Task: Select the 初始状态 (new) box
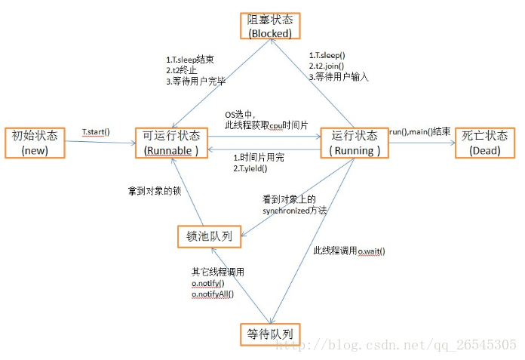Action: pyautogui.click(x=35, y=143)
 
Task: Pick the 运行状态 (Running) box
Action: pyautogui.click(x=355, y=143)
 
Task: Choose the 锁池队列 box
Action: pyautogui.click(x=210, y=235)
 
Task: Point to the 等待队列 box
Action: pyautogui.click(x=269, y=332)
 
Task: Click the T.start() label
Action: pyautogui.click(x=97, y=133)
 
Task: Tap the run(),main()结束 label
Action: pyautogui.click(x=419, y=133)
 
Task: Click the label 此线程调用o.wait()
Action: pyautogui.click(x=349, y=251)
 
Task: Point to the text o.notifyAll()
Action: pyautogui.click(x=213, y=294)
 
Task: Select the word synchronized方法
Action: pyautogui.click(x=295, y=211)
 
